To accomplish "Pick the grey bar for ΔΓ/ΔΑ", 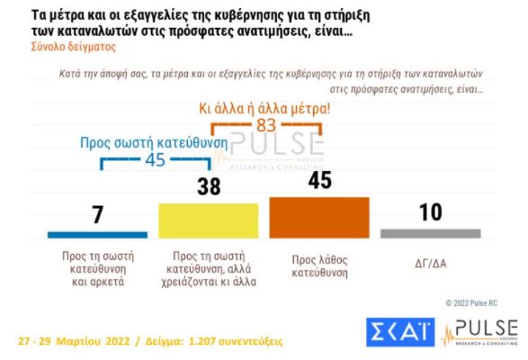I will click(430, 233).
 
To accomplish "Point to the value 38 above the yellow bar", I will click(208, 187).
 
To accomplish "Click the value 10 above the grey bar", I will click(431, 212).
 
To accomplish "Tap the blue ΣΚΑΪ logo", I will click(399, 332).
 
